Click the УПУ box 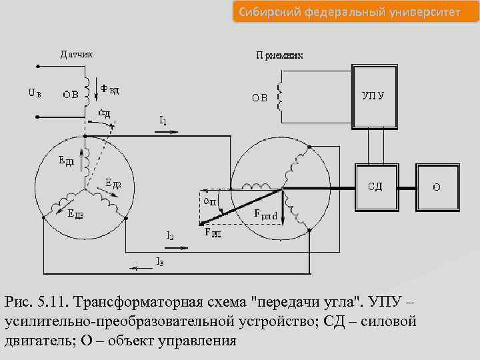click(373, 95)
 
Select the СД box click(375, 186)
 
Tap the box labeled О click(437, 187)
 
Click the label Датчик click(77, 53)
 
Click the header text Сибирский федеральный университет click(347, 12)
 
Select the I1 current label click(163, 121)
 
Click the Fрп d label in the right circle click(266, 215)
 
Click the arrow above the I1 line click(165, 132)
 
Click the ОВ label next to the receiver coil click(259, 97)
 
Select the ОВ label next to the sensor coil click(71, 94)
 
